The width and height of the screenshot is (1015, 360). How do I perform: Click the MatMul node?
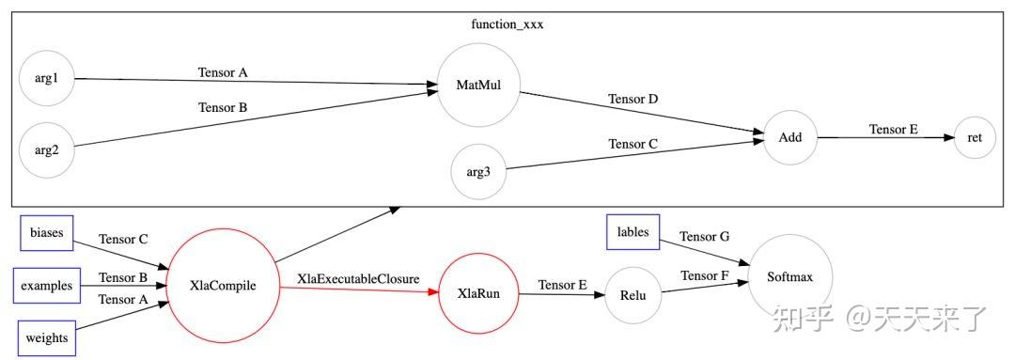478,86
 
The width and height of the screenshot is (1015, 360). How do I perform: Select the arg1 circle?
46,78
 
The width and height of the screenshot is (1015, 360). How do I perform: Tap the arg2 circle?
46,149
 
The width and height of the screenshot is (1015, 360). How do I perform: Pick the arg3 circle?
478,172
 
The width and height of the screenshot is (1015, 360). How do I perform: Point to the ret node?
975,137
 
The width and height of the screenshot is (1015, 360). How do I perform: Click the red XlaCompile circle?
223,286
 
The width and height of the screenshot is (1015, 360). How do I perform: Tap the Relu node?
632,294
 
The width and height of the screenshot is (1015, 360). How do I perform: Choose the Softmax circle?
789,276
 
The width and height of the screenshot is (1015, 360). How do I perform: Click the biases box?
47,233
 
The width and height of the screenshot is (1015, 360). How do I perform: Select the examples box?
47,286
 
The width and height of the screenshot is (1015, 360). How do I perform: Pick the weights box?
47,338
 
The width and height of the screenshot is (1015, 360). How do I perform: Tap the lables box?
633,232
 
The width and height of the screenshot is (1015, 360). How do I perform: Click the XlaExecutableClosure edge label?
358,279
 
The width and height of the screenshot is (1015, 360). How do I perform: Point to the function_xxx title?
507,24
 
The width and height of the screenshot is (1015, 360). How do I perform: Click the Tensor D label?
632,99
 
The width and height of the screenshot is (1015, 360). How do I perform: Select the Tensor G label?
704,237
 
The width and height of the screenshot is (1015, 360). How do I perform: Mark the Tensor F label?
705,275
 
